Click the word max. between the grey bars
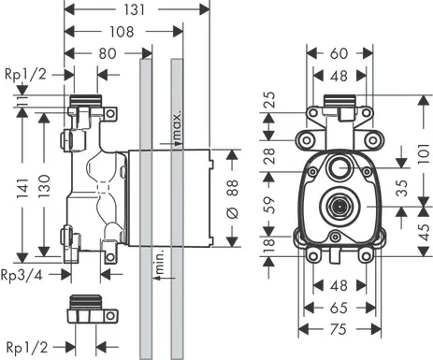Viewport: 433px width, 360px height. [175, 123]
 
